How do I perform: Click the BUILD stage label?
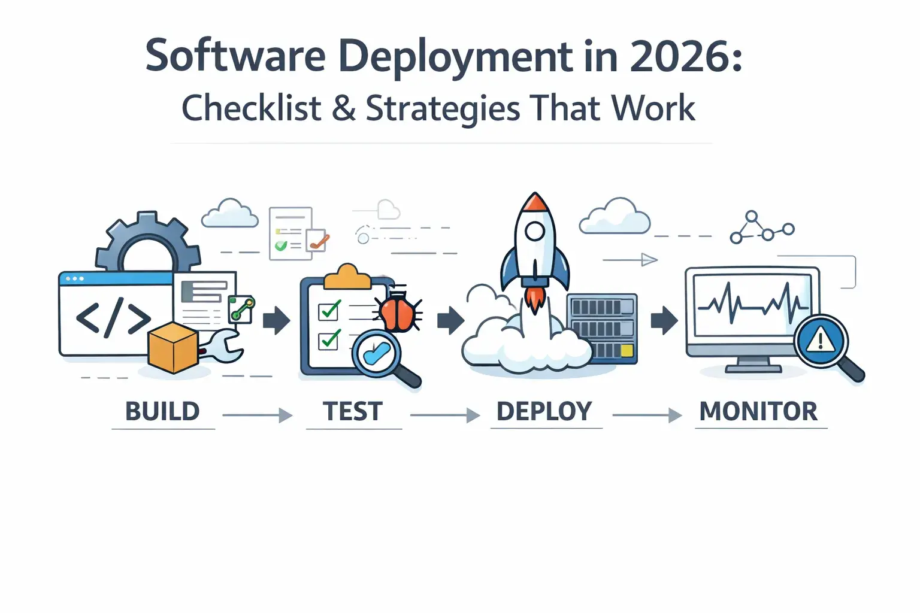[x=162, y=412]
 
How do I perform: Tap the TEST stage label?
[x=353, y=412]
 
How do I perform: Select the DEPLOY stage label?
[x=544, y=412]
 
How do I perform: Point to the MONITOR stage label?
[x=758, y=412]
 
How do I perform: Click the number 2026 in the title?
[x=678, y=57]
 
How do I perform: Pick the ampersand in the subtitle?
[x=343, y=109]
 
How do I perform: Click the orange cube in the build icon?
[x=173, y=348]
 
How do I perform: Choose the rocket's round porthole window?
[x=534, y=230]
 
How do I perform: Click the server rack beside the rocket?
[x=602, y=328]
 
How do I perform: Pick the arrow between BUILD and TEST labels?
[x=258, y=415]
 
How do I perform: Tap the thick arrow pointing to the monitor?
[x=664, y=320]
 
